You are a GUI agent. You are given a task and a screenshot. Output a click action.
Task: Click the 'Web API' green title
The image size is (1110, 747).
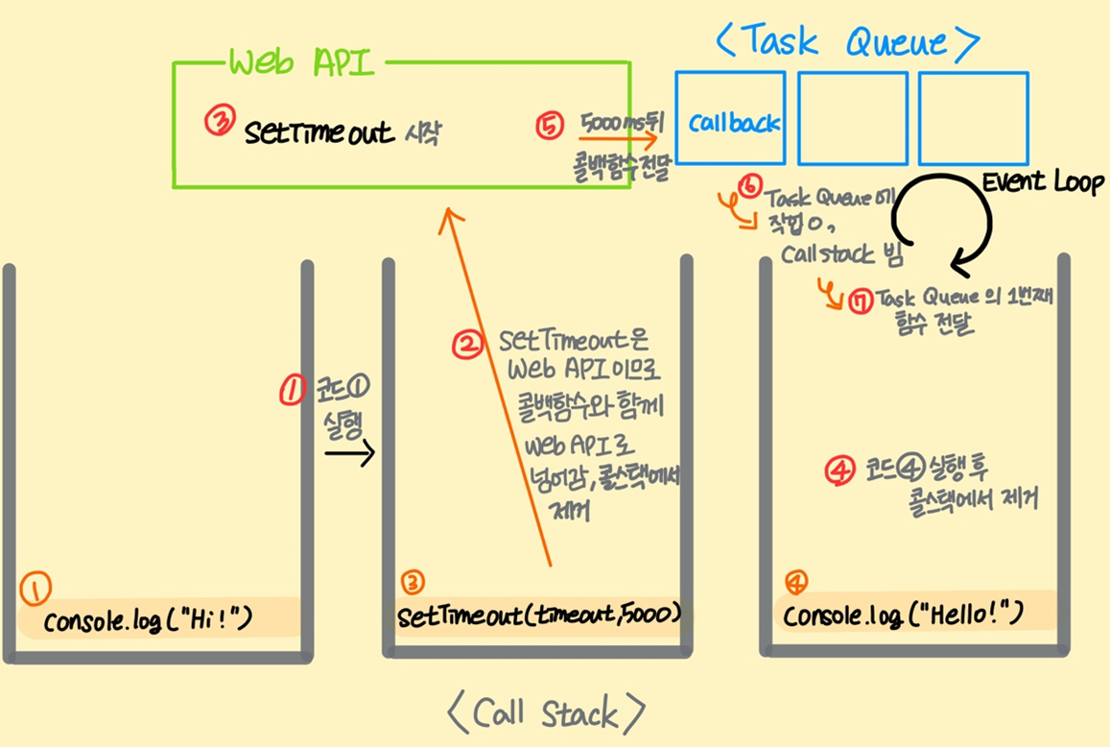point(300,63)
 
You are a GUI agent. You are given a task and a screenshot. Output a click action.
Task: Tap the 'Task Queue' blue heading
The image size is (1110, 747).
point(847,41)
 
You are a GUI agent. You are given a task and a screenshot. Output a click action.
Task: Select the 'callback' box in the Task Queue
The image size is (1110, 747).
point(730,118)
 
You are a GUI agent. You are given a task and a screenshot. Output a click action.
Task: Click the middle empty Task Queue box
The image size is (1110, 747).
point(852,118)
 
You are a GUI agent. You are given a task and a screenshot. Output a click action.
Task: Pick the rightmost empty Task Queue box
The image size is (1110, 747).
point(974,118)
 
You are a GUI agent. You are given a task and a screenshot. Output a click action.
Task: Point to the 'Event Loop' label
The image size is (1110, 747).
point(1042,182)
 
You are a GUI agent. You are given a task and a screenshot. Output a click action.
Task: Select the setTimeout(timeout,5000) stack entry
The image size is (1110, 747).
point(539,614)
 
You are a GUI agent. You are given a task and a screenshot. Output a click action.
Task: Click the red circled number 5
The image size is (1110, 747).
point(550,126)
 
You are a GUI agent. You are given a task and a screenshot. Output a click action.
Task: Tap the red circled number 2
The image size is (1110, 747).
point(467,345)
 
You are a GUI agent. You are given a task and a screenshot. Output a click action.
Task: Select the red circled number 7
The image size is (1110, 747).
point(861,302)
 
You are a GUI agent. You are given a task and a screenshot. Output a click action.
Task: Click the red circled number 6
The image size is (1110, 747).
point(749,185)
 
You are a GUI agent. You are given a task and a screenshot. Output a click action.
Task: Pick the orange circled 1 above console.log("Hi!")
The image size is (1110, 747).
point(35,589)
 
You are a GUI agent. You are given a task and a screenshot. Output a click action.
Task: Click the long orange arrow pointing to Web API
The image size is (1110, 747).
point(498,386)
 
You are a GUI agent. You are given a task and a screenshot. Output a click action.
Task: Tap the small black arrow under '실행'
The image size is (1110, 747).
point(350,453)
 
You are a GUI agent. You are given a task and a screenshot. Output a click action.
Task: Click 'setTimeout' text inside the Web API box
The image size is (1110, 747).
point(319,133)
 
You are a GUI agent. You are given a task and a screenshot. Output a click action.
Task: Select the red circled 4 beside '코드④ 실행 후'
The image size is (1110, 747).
point(840,470)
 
